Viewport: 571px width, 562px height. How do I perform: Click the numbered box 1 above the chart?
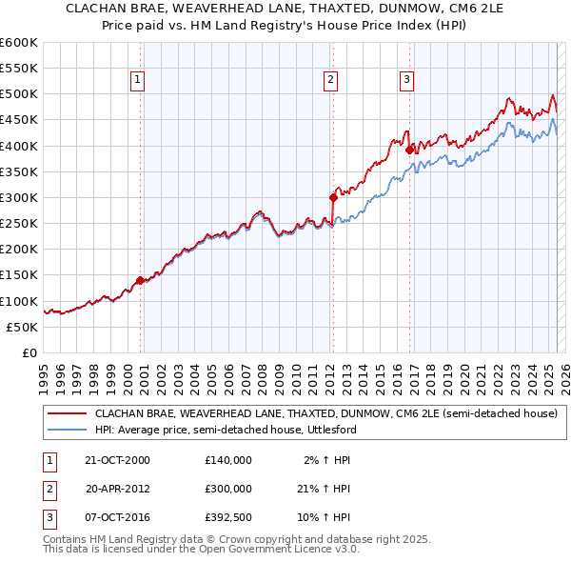tap(139, 80)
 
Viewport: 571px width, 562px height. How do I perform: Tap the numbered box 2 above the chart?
tap(330, 80)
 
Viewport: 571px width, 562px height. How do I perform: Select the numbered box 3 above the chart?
tap(406, 80)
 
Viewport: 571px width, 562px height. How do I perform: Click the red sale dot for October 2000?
tap(140, 280)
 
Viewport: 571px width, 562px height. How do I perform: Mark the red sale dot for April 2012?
tap(333, 198)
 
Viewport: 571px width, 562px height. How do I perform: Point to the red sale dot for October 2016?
tap(408, 150)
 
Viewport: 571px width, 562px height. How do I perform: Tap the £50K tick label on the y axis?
tap(23, 327)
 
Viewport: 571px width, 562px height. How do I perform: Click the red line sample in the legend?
tap(67, 414)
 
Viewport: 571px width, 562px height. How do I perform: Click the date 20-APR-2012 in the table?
tap(118, 489)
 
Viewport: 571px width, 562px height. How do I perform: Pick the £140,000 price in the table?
tap(228, 460)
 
